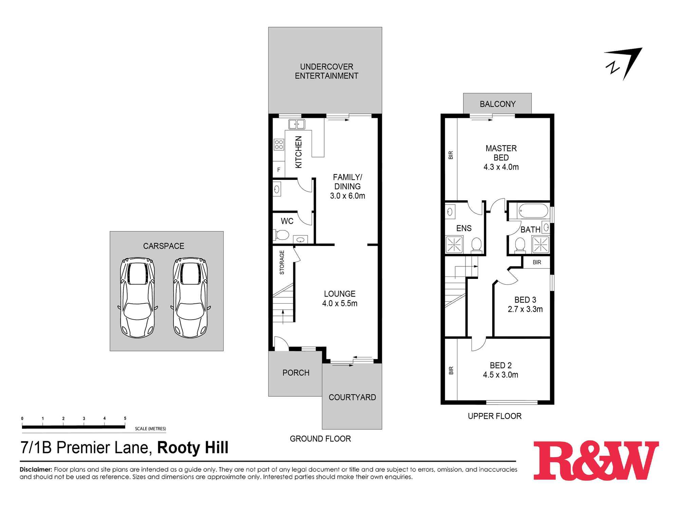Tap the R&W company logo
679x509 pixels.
pyautogui.click(x=596, y=460)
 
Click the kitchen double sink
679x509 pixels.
pyautogui.click(x=296, y=124)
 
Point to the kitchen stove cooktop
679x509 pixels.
pyautogui.click(x=279, y=145)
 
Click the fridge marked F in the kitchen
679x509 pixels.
pyautogui.click(x=279, y=169)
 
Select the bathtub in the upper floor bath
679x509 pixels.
pyautogui.click(x=533, y=211)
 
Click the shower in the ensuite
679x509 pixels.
pyautogui.click(x=454, y=244)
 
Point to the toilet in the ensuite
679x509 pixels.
pyautogui.click(x=477, y=245)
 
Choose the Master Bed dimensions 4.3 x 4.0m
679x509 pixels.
pyautogui.click(x=501, y=167)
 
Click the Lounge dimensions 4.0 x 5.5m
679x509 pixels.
pyautogui.click(x=340, y=303)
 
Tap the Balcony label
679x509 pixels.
pyautogui.click(x=498, y=104)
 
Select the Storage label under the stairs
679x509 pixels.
pyautogui.click(x=282, y=262)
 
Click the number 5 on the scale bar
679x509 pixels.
pyautogui.click(x=125, y=418)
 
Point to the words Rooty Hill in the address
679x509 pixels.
pyautogui.click(x=193, y=448)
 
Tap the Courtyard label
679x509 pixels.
pyautogui.click(x=352, y=397)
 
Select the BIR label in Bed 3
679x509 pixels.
pyautogui.click(x=537, y=262)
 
